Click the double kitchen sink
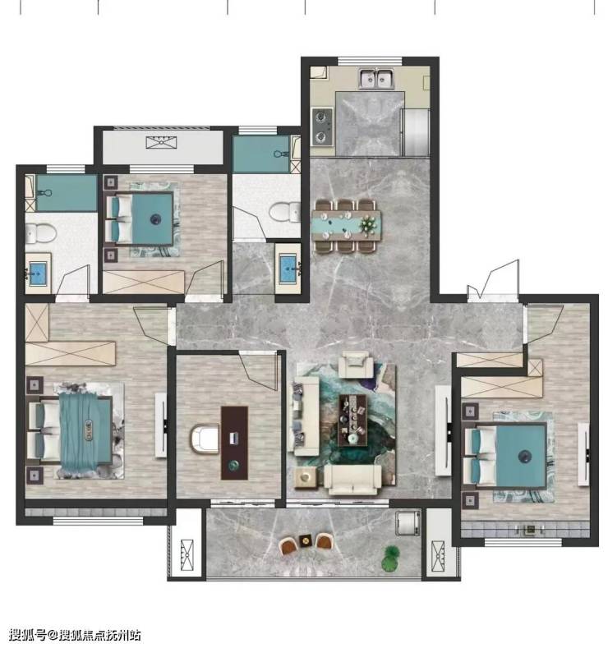[x=376, y=79]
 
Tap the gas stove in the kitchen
[x=322, y=126]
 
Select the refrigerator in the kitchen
[x=416, y=132]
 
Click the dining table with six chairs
[x=346, y=226]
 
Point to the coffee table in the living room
[x=352, y=421]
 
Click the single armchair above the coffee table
[x=357, y=364]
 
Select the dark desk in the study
[x=234, y=443]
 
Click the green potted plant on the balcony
[x=390, y=558]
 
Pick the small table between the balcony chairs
[x=306, y=540]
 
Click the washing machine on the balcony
[x=408, y=524]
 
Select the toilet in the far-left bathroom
[x=40, y=233]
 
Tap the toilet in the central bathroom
[x=285, y=212]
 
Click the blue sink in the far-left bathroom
[x=38, y=273]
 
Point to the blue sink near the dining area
[x=288, y=269]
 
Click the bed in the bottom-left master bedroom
[x=71, y=430]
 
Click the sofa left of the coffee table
[x=305, y=416]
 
